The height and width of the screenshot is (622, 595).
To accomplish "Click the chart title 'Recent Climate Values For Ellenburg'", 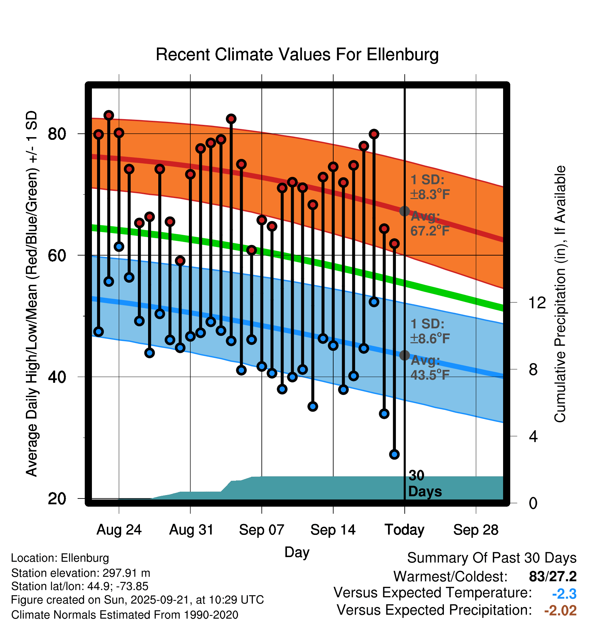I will [297, 54].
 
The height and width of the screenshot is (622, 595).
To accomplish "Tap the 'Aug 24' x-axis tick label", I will [119, 530].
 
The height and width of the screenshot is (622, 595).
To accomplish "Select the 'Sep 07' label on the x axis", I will [261, 530].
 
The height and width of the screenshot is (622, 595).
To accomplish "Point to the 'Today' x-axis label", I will [404, 530].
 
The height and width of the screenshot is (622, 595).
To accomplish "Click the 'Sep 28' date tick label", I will [476, 530].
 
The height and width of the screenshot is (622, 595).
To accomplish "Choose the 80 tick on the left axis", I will [57, 134].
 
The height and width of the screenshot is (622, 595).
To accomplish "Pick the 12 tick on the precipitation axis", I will [537, 302].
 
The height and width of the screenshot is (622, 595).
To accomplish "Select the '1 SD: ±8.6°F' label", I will [430, 331].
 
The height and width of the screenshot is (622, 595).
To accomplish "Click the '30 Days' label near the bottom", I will [424, 484].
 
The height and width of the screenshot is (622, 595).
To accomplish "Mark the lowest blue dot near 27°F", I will [394, 454].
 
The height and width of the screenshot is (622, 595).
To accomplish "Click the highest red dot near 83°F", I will [109, 115].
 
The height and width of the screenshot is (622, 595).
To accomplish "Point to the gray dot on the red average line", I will [404, 211].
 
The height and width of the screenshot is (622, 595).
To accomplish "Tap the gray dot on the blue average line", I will [404, 355].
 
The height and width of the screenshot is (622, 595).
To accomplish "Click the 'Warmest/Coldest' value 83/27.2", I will [552, 576].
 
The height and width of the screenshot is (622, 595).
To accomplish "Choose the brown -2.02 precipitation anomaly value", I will [560, 610].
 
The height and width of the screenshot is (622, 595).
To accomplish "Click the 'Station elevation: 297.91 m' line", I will [80, 573].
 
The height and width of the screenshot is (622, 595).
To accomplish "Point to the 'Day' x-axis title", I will [297, 552].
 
